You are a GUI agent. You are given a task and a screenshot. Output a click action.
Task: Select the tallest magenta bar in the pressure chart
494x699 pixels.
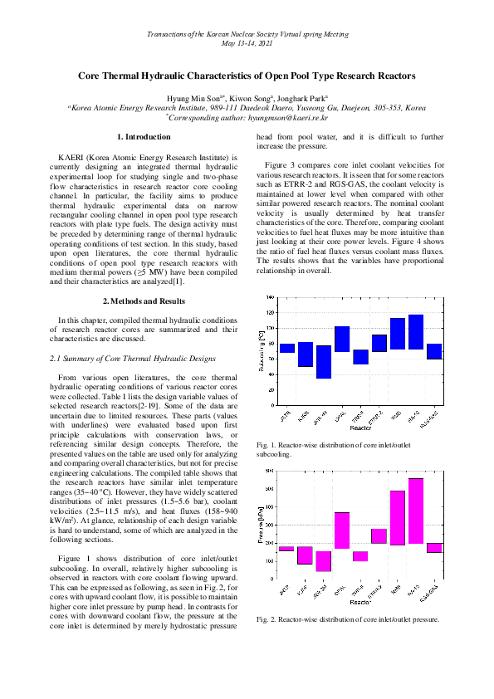(x=416, y=511)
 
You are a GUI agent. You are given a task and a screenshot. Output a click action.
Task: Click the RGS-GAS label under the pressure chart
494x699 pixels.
(x=432, y=590)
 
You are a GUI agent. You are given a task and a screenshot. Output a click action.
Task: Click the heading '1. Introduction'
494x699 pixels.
(x=144, y=136)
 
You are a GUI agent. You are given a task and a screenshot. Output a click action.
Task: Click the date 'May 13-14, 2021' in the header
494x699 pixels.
(x=247, y=41)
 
